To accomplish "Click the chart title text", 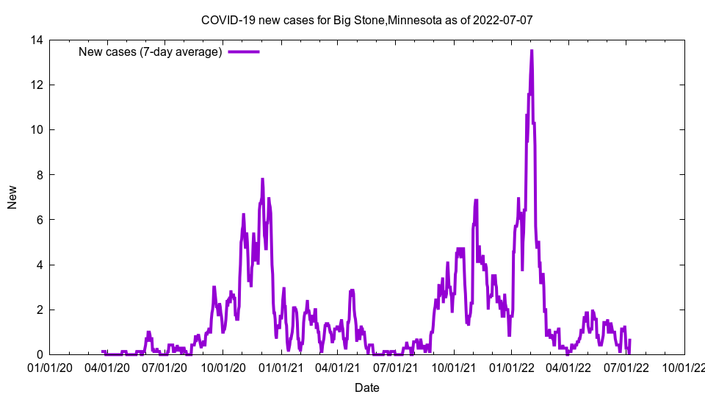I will [366, 20].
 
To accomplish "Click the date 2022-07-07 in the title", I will [503, 20].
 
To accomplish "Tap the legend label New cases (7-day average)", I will [150, 51].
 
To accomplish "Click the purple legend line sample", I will [244, 51].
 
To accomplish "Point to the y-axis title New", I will [12, 197].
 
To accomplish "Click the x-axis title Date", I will [366, 387].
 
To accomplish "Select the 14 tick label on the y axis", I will [35, 40].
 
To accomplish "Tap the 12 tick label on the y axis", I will [35, 85].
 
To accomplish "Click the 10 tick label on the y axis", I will [35, 130].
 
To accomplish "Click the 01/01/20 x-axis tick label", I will [50, 367].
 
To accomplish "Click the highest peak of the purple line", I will [532, 51].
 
